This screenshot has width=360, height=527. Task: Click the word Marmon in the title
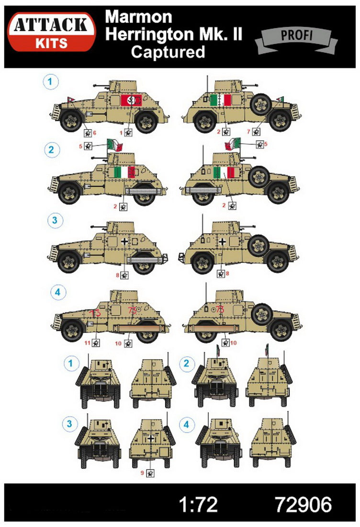138,17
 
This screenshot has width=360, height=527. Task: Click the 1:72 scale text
199,504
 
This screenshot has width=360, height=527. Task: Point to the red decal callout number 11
87,343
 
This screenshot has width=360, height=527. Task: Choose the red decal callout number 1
122,132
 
